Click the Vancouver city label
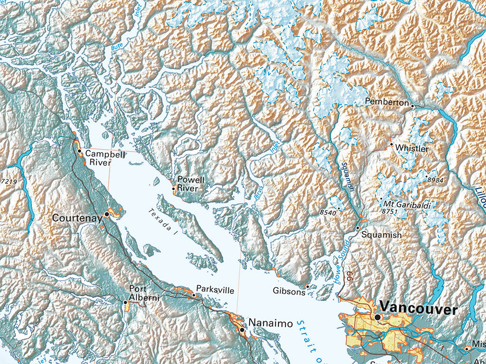click(419, 309)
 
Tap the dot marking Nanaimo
click(242, 329)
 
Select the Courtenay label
click(77, 218)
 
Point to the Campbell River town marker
click(79, 151)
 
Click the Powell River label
click(191, 184)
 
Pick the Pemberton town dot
click(412, 106)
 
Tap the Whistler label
click(411, 148)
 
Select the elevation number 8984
click(435, 180)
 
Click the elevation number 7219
click(9, 182)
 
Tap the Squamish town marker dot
click(358, 228)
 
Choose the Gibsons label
click(289, 291)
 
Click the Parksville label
click(215, 290)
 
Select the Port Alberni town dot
click(125, 302)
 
